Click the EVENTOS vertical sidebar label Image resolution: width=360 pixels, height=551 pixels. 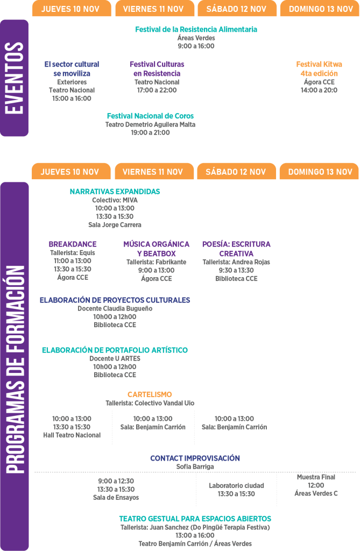tap(14, 78)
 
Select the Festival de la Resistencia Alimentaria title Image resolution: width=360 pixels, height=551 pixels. tap(196, 30)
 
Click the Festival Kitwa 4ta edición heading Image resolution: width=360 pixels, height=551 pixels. tap(319, 69)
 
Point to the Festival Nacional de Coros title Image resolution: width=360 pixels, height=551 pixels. tap(150, 116)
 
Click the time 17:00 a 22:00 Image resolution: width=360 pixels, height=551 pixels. tap(157, 90)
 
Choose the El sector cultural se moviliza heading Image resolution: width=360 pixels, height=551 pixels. tap(72, 69)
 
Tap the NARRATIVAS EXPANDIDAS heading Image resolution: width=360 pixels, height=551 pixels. tap(115, 192)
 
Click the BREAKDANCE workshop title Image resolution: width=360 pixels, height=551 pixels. tap(73, 244)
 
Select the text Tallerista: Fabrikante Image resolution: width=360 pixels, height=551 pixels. tap(157, 262)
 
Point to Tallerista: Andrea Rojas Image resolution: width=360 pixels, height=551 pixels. tap(236, 262)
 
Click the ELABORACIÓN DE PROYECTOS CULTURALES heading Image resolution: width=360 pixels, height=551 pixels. tap(115, 300)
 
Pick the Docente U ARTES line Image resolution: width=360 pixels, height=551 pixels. tap(115, 359)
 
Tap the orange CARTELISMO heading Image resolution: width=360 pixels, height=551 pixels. tap(150, 394)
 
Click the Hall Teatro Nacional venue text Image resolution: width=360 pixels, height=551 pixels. tap(72, 435)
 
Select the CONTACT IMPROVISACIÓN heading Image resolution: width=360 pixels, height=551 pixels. tap(195, 458)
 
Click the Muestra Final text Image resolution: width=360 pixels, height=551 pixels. tap(316, 477)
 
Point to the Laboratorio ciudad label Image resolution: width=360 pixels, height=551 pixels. tap(236, 486)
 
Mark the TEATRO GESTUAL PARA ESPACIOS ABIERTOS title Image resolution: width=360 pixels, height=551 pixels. tap(195, 519)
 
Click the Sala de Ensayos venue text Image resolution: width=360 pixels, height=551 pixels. tap(116, 498)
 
